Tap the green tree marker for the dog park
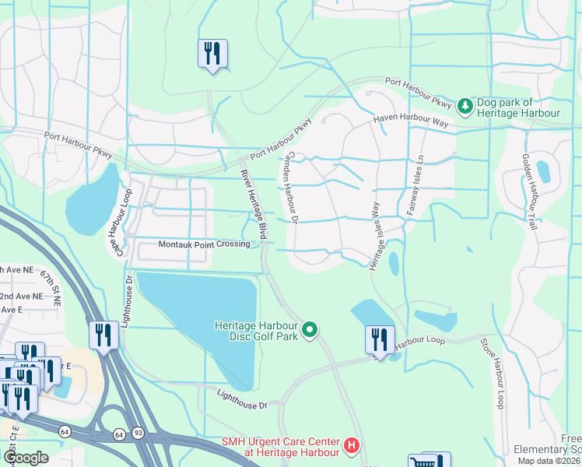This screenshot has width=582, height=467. (x=465, y=104)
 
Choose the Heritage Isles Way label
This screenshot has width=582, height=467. (x=374, y=225)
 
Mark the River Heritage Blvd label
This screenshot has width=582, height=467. (x=254, y=204)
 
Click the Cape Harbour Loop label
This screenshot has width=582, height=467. (x=116, y=212)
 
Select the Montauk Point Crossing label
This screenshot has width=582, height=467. (x=204, y=244)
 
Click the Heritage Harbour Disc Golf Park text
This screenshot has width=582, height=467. (x=257, y=331)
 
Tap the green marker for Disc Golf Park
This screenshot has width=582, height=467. (x=310, y=331)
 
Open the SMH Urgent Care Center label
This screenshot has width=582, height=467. (x=281, y=447)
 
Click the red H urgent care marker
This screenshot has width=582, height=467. (x=352, y=447)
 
